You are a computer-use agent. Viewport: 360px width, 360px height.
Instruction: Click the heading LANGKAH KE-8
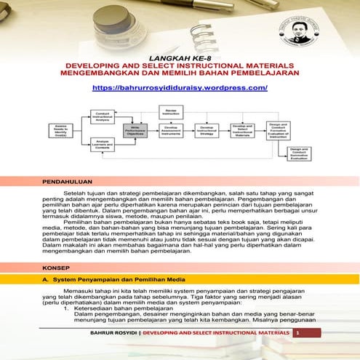click(180, 55)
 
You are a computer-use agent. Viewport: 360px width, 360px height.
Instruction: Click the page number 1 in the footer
click(297, 353)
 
